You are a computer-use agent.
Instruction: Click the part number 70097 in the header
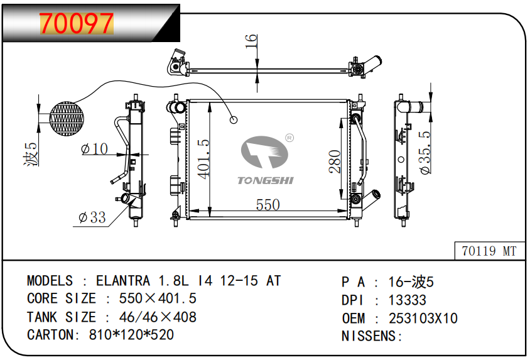click(x=77, y=23)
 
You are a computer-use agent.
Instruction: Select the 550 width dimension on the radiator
click(x=268, y=205)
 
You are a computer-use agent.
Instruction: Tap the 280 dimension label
click(x=335, y=161)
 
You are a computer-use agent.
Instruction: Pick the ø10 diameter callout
click(x=95, y=149)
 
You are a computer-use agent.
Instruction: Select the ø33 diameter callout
click(x=92, y=217)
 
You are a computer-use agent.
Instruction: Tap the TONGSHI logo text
click(x=265, y=181)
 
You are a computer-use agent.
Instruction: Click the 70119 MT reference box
click(x=489, y=251)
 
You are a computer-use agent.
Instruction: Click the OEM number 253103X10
click(x=423, y=319)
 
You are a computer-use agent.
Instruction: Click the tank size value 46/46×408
click(x=149, y=317)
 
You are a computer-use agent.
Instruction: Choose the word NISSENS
click(x=369, y=336)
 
